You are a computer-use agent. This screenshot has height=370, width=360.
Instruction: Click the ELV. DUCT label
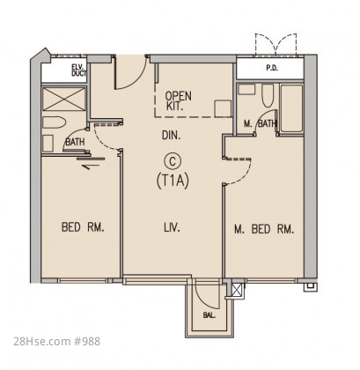tap(78, 70)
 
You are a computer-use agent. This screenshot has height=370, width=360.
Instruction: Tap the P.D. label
tap(272, 68)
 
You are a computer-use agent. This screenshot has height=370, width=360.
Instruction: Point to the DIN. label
tap(172, 136)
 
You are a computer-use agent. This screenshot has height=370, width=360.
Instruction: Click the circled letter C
tap(173, 161)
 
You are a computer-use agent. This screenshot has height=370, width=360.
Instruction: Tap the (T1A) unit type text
tap(173, 180)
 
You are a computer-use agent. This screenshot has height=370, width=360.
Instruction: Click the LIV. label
tap(173, 227)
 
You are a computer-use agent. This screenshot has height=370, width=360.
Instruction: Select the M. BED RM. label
tap(264, 229)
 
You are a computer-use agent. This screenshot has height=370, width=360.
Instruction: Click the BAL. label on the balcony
tap(209, 315)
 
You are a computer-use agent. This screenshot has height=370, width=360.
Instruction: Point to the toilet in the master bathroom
tap(268, 95)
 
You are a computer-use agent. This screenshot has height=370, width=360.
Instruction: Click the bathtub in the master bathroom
tap(291, 108)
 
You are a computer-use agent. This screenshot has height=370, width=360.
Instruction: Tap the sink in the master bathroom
tap(246, 89)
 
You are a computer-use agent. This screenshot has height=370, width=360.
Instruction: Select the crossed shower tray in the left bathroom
tap(64, 99)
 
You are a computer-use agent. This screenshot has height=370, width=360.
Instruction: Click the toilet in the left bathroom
tap(53, 122)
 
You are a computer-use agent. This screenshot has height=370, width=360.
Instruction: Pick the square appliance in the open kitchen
tap(223, 108)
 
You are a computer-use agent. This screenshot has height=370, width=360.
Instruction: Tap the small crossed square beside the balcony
tap(238, 291)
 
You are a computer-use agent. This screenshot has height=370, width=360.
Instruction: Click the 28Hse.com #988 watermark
tap(57, 342)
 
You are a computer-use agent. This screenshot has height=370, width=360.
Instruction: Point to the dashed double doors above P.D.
tap(276, 45)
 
